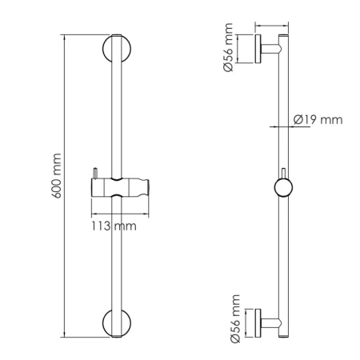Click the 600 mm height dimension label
click(x=57, y=176)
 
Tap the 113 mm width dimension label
click(x=114, y=226)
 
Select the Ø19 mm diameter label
click(x=318, y=120)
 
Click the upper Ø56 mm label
click(x=228, y=47)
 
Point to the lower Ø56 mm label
click(x=235, y=318)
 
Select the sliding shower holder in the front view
click(x=120, y=187)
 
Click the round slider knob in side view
click(x=283, y=187)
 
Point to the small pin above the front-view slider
click(x=94, y=173)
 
